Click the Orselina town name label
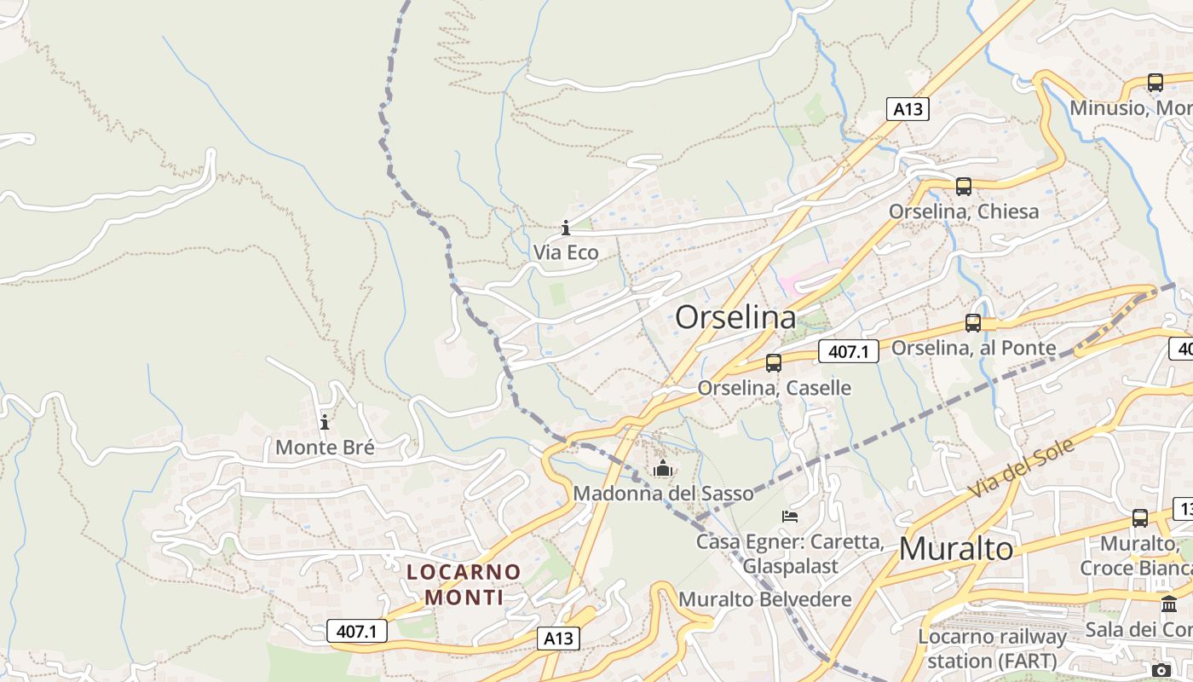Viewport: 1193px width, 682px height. pos(735,318)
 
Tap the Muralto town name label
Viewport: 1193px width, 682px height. pos(956,549)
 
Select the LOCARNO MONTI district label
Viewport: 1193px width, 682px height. pos(464,584)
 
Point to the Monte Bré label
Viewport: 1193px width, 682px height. pos(325,448)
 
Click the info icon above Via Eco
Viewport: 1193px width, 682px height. pos(566,228)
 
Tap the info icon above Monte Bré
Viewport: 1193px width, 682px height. pos(325,422)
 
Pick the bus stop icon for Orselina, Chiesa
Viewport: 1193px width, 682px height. pos(964,187)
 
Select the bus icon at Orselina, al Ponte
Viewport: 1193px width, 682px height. pos(973,323)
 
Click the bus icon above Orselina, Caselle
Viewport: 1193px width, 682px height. pos(774,363)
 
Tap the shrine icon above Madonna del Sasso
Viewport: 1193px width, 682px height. pos(663,468)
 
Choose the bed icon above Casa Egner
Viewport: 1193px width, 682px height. pos(790,517)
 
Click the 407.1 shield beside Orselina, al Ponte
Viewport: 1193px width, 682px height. pos(848,351)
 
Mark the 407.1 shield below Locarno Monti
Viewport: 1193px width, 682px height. pos(357,632)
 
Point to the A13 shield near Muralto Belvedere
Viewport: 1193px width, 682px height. pos(559,639)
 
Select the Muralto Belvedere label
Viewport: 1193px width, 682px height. pos(764,599)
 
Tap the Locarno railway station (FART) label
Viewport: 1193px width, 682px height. pos(992,648)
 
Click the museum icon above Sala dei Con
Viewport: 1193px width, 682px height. pos(1169,604)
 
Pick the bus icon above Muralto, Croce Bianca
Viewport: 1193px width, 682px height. pos(1140,518)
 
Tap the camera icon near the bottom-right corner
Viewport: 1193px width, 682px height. pos(1161,670)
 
